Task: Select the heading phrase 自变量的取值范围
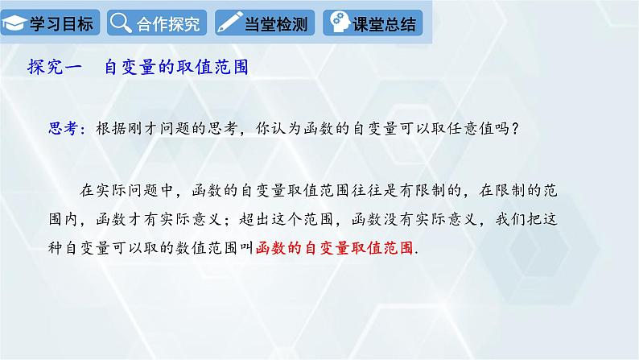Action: point(175,68)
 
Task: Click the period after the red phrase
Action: point(416,251)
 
